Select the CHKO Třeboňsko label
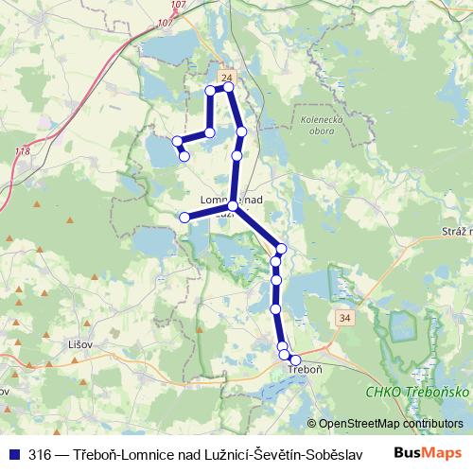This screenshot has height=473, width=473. [412, 390]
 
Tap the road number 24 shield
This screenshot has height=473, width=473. [224, 75]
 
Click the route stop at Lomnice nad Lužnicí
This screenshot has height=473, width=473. [233, 205]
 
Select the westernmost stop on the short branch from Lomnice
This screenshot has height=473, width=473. [185, 217]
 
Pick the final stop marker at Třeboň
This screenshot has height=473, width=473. [295, 359]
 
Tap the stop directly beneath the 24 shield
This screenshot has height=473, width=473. [228, 87]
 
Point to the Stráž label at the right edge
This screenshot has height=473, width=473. [456, 231]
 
